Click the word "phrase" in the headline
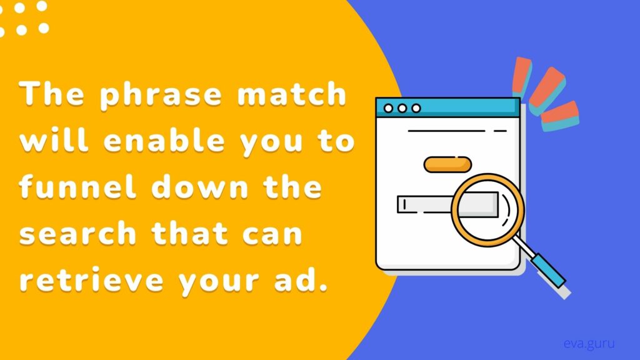pyautogui.click(x=161, y=96)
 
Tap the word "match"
pyautogui.click(x=291, y=94)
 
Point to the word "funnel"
pyautogui.click(x=77, y=186)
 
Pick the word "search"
pyautogui.click(x=77, y=234)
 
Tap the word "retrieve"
pyautogui.click(x=91, y=280)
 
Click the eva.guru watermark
pyautogui.click(x=589, y=344)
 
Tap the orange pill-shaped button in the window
pyautogui.click(x=447, y=164)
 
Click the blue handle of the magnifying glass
pyautogui.click(x=548, y=270)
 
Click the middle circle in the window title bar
pyautogui.click(x=402, y=108)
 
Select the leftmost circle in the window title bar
pyautogui.click(x=389, y=108)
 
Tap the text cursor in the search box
pyautogui.click(x=404, y=204)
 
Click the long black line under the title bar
pyautogui.click(x=447, y=131)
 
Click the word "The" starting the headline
pyautogui.click(x=51, y=94)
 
